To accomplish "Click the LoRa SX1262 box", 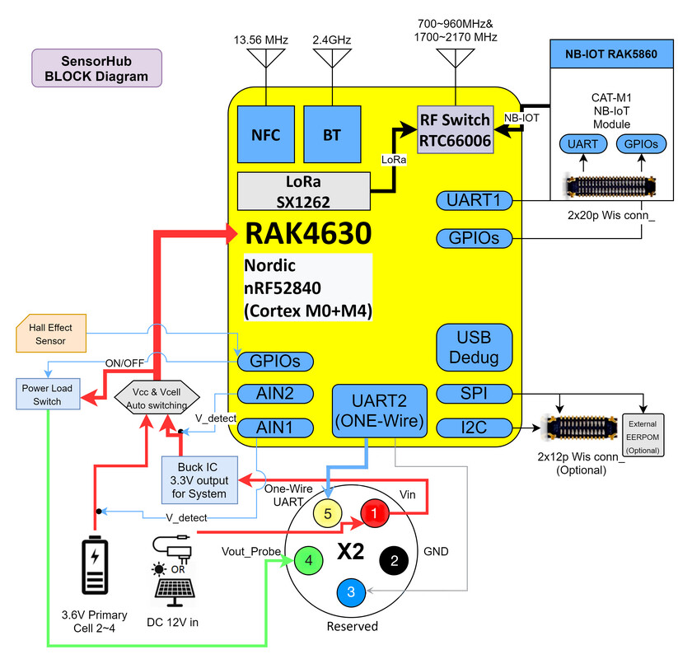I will click(x=303, y=190).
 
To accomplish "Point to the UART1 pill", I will click(x=474, y=200).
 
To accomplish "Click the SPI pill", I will click(x=474, y=395).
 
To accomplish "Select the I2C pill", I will click(x=474, y=428).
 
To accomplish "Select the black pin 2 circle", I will click(x=394, y=562).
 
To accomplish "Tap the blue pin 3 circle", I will click(x=352, y=591).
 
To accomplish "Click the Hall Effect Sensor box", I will click(x=50, y=334).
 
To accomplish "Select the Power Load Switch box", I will click(x=49, y=394).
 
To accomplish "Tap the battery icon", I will click(x=96, y=567).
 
